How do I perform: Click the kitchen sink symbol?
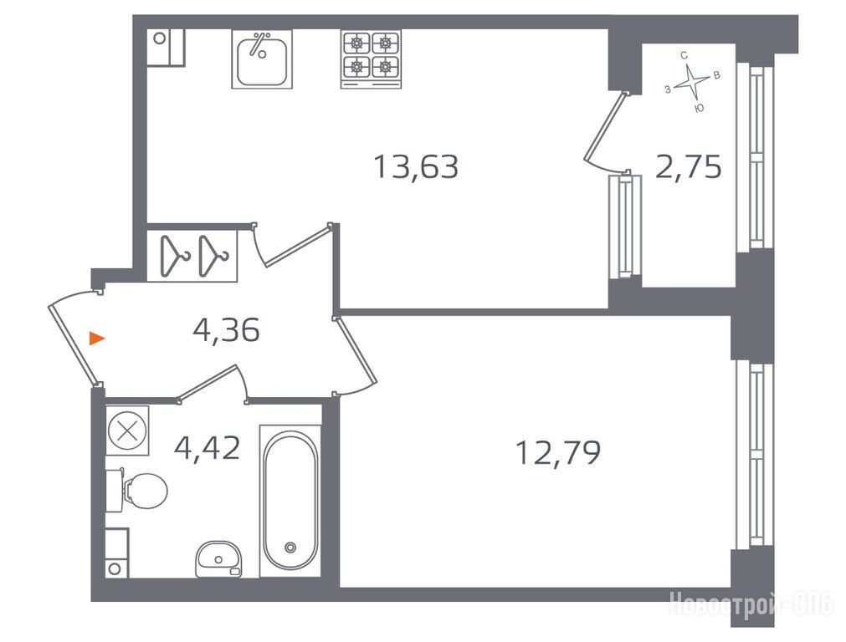(x=262, y=59)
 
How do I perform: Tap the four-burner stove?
(x=371, y=59)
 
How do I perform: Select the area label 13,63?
(x=416, y=166)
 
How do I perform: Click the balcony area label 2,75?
(x=688, y=166)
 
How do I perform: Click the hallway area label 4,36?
(x=226, y=330)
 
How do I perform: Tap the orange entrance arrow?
(x=96, y=339)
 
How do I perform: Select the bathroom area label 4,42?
(x=208, y=448)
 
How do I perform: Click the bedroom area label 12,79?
(x=558, y=452)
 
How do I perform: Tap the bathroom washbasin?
(x=218, y=559)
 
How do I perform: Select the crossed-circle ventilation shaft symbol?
(x=127, y=431)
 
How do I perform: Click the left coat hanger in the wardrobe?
(x=175, y=256)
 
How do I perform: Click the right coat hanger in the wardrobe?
(x=213, y=256)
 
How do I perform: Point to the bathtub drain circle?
(x=290, y=548)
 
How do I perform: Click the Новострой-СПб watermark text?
(x=751, y=605)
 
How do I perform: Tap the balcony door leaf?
(x=605, y=127)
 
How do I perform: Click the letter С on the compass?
(x=684, y=55)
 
